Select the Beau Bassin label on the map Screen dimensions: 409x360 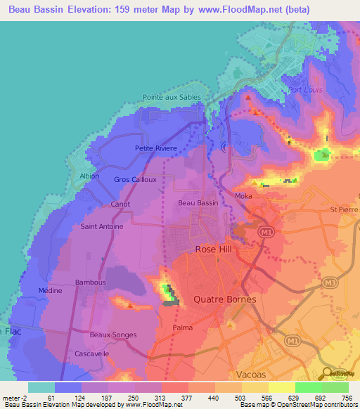pos(198,203)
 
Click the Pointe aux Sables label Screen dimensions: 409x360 pos(172,98)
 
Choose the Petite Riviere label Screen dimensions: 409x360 pos(156,149)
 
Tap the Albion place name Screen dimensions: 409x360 pos(89,176)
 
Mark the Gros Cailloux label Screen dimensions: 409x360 pos(135,179)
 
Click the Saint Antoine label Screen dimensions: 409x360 pos(102,227)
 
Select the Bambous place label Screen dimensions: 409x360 pos(91,282)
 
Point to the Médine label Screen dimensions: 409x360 pos(51,291)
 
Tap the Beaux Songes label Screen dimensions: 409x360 pos(112,335)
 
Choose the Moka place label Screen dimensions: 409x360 pos(243,196)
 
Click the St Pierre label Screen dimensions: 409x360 pos(344,209)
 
